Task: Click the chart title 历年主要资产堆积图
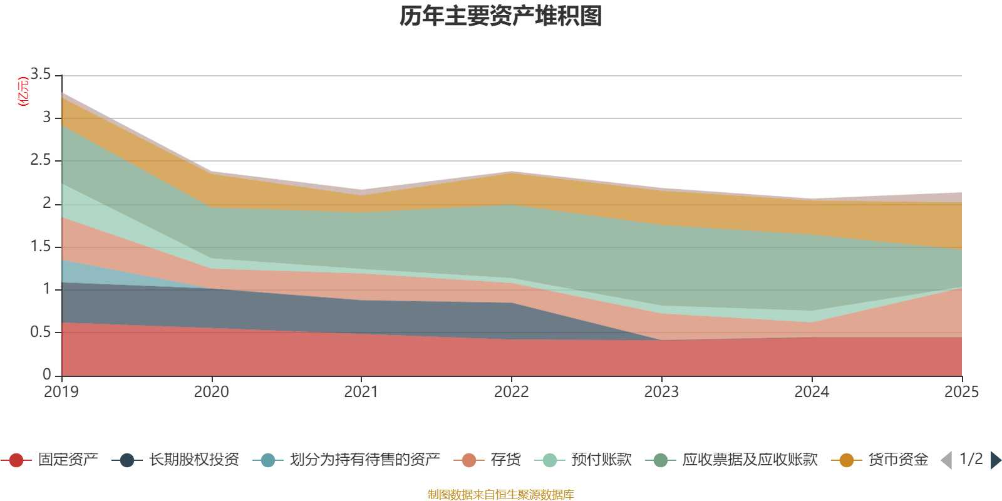tap(501, 16)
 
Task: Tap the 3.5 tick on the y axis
tap(41, 75)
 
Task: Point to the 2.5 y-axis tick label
tap(41, 160)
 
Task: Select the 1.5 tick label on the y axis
tap(41, 246)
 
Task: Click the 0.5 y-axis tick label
tap(41, 332)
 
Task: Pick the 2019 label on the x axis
tap(61, 392)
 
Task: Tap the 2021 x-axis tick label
tap(361, 392)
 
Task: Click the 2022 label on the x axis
tap(512, 392)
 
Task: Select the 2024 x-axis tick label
tap(812, 392)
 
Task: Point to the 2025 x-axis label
tap(961, 392)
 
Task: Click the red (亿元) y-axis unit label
tap(23, 91)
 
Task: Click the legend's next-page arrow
tap(996, 460)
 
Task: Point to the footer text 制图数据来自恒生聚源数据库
tap(501, 495)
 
